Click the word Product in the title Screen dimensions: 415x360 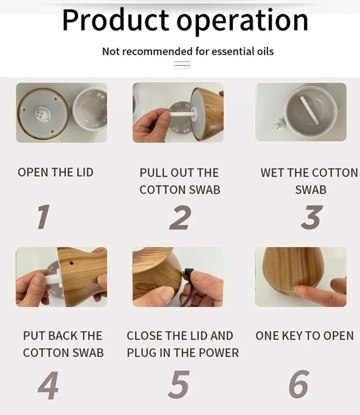[116, 20]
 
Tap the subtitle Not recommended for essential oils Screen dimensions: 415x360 [188, 51]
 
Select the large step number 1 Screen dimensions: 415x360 [43, 217]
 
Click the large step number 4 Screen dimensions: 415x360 [48, 385]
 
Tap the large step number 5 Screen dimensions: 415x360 [179, 385]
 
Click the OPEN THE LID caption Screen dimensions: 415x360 [55, 172]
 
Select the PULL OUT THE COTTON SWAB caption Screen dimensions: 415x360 [180, 181]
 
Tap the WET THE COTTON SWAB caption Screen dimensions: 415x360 [309, 181]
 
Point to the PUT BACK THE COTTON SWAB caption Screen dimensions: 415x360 [63, 344]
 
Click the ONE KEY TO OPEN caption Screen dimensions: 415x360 [305, 336]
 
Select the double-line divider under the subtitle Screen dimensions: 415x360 [182, 65]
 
